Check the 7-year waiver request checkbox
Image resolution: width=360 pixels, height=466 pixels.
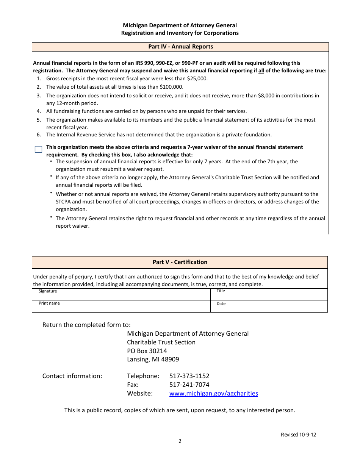[38, 150]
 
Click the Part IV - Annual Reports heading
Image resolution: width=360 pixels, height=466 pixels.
[180, 47]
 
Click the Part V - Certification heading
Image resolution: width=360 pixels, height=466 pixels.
[180, 262]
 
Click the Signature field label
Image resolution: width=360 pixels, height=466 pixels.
[48, 291]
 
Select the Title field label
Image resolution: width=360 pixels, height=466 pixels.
[221, 291]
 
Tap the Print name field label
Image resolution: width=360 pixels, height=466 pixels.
[49, 303]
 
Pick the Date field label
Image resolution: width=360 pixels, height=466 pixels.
[221, 303]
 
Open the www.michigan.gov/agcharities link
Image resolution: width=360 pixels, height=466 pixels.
[213, 393]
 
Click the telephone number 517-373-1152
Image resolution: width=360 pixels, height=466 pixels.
[189, 376]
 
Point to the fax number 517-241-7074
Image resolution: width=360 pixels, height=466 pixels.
[189, 385]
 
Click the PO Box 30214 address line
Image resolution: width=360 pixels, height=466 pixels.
[147, 351]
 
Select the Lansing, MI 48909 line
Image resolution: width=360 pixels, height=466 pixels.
[153, 359]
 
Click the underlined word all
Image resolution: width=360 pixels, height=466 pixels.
[261, 70]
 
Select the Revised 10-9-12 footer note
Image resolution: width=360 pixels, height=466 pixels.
[298, 435]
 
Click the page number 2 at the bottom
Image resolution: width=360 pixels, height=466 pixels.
[180, 441]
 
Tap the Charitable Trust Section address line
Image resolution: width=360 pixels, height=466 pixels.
[161, 342]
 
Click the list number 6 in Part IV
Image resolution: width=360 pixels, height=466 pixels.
[39, 134]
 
